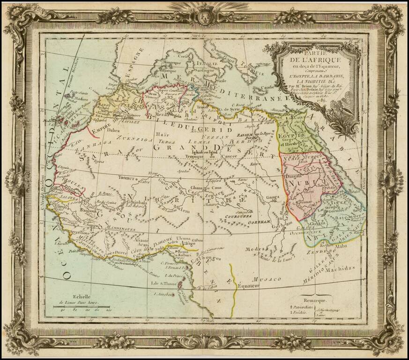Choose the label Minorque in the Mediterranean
tap(171, 62)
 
